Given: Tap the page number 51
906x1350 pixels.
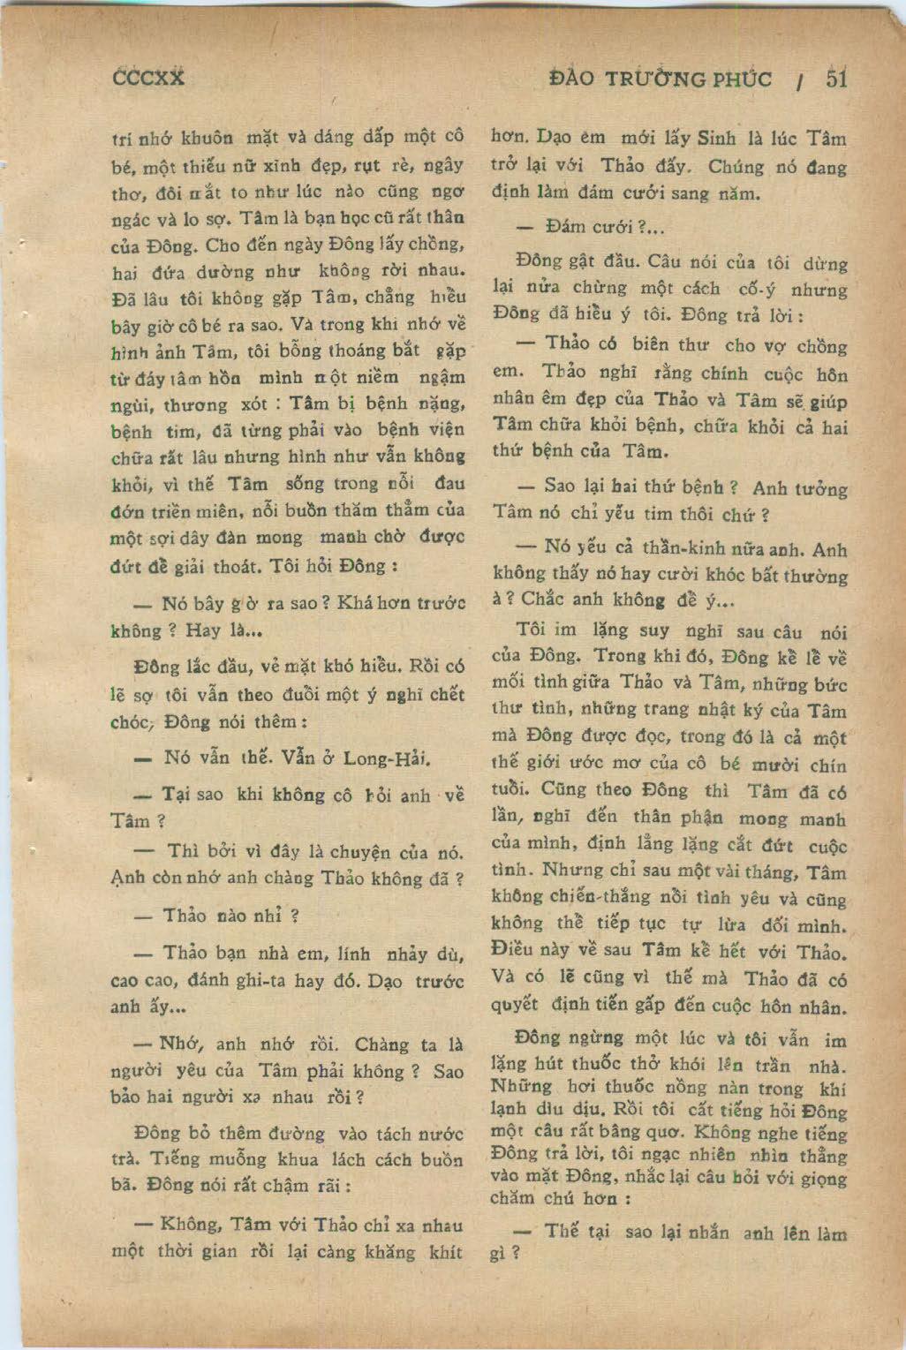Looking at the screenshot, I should tap(836, 79).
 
